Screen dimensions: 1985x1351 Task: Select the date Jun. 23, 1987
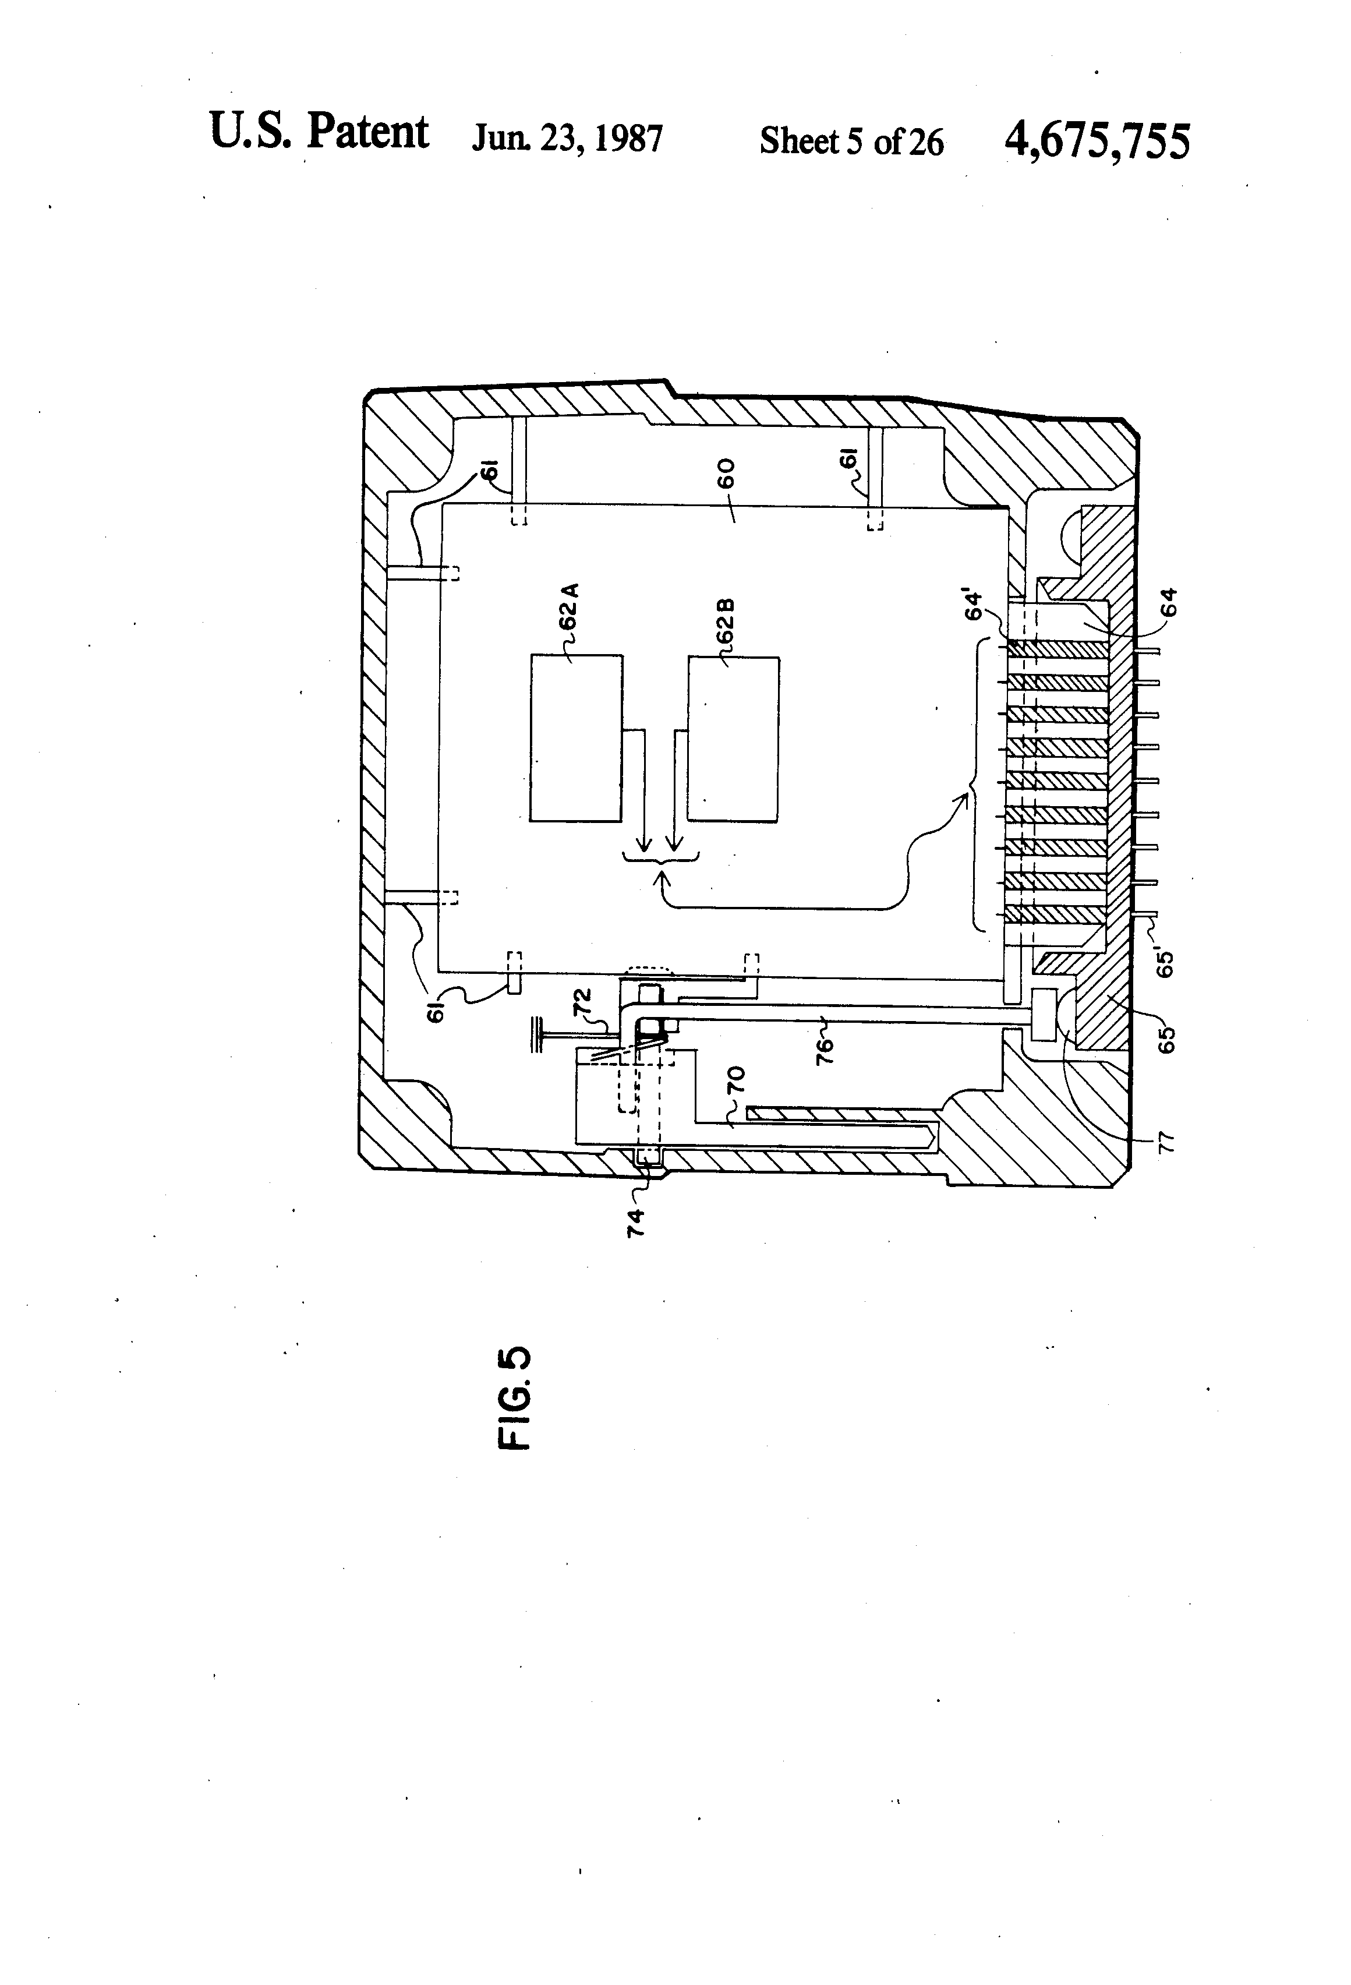pos(567,137)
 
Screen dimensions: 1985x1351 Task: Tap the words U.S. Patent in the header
pos(319,132)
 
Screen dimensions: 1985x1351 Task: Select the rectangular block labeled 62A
pos(575,738)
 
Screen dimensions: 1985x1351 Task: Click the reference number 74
pos(635,1223)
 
